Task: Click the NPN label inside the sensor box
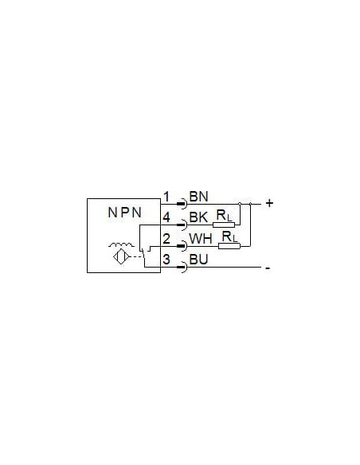[x=124, y=213]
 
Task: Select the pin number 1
[x=166, y=197]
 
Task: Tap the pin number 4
[x=166, y=217]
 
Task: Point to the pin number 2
[x=166, y=239]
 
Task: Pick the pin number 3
[x=166, y=260]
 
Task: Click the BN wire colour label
[x=198, y=197]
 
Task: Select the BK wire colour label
[x=198, y=217]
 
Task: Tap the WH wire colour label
[x=201, y=239]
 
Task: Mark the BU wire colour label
[x=198, y=260]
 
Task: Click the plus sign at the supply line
[x=269, y=203]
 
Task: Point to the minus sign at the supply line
[x=268, y=268]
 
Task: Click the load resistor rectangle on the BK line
[x=224, y=225]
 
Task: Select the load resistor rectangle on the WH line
[x=229, y=246]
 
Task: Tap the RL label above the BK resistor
[x=224, y=216]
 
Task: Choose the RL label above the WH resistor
[x=230, y=237]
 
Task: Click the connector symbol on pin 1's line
[x=182, y=204]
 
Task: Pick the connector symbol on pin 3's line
[x=182, y=268]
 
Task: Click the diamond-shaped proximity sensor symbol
[x=121, y=256]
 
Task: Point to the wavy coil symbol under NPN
[x=121, y=244]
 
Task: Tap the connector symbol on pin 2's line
[x=182, y=246]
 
